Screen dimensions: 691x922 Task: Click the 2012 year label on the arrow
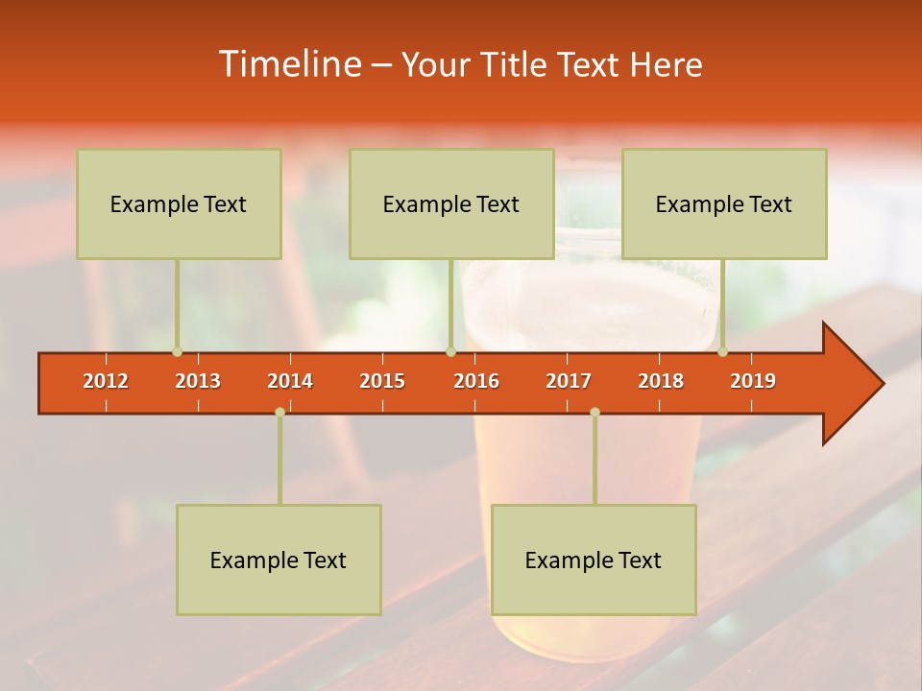[106, 381]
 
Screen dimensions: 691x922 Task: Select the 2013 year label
[198, 381]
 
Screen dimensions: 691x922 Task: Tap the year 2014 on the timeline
[290, 381]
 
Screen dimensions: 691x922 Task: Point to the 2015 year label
[382, 381]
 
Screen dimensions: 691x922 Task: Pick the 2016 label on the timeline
[476, 381]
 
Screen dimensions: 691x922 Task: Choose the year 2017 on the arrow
[569, 381]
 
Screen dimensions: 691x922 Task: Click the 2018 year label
[661, 381]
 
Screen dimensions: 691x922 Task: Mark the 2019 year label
[753, 381]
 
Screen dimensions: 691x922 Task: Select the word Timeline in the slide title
[288, 64]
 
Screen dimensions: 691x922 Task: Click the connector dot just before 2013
[177, 351]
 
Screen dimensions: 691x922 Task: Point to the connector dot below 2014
[279, 412]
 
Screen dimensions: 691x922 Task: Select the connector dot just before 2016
[450, 351]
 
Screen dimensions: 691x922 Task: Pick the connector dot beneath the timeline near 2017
[594, 412]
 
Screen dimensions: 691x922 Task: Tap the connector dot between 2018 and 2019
[722, 351]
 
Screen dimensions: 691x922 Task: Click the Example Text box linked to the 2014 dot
[279, 560]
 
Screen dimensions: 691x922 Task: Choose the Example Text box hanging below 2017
[594, 560]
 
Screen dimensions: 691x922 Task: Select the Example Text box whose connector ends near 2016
[451, 203]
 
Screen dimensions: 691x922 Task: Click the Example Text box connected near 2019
[724, 203]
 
